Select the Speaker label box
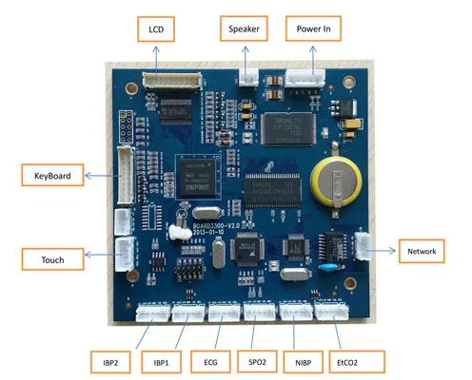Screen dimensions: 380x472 pos(245,29)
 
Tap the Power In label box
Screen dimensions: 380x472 pos(313,29)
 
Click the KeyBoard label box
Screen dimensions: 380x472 pos(52,176)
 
